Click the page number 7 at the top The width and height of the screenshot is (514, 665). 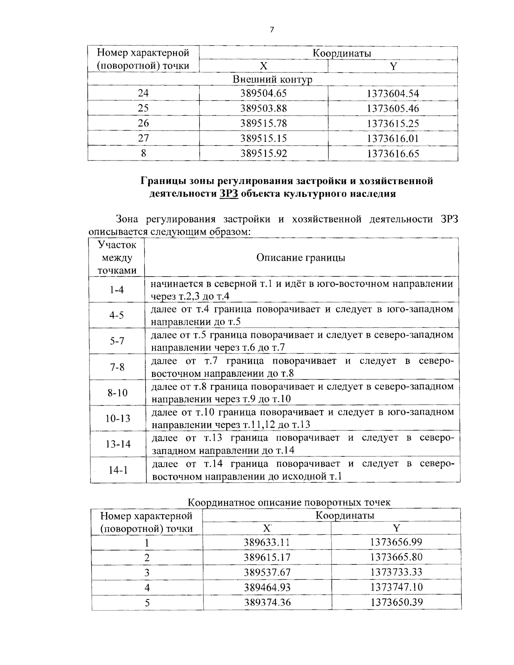point(272,30)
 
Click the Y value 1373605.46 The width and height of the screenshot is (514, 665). point(393,108)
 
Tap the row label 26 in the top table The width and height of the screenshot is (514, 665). point(143,123)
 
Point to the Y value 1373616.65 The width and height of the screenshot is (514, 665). point(393,153)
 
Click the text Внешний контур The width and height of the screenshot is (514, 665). point(272,80)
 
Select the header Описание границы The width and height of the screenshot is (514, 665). point(301,257)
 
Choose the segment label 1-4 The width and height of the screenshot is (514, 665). point(117,290)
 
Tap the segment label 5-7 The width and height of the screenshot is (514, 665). point(117,341)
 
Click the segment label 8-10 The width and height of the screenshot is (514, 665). point(117,393)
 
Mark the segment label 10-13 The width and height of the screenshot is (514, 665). point(118,418)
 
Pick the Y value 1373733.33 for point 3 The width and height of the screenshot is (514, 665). point(396,572)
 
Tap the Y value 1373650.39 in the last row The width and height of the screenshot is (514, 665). point(396,602)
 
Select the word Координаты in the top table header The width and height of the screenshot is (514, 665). point(341,53)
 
